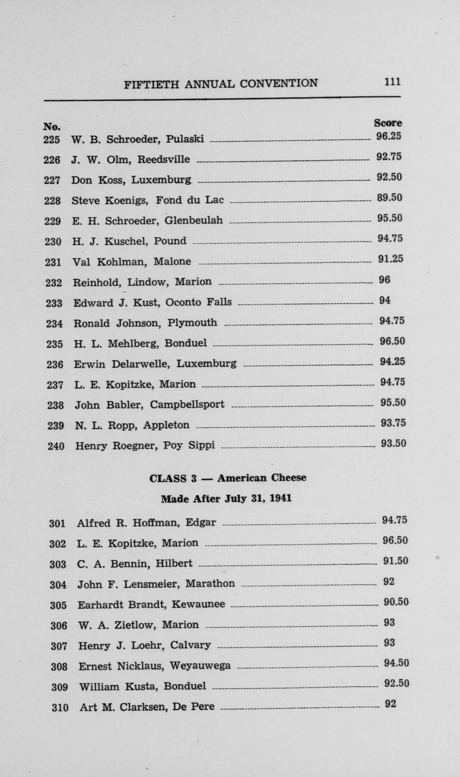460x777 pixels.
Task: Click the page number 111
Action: coord(392,82)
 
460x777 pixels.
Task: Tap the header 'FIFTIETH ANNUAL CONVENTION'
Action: coord(220,84)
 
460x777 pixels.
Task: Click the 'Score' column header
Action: coord(388,123)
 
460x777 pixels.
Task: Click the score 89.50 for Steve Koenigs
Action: coord(390,198)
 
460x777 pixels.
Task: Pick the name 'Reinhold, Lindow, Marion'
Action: coord(142,282)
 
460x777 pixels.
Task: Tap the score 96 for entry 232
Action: coord(385,279)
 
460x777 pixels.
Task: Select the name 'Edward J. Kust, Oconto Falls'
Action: coord(152,303)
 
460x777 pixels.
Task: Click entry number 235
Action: coord(55,344)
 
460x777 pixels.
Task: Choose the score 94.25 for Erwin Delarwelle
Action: coord(392,362)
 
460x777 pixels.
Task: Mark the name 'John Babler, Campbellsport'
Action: coord(149,405)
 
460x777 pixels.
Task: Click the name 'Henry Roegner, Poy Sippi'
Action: coord(145,446)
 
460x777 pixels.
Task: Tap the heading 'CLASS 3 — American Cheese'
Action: coord(228,478)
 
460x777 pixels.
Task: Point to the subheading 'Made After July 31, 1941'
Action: coord(226,499)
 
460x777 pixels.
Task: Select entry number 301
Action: coord(58,523)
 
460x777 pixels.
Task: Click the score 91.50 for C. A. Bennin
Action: coord(395,561)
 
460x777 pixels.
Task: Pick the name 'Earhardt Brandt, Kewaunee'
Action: coord(151,605)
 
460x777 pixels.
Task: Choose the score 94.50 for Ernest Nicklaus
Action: coord(396,663)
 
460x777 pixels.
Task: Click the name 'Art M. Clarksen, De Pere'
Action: coord(147,707)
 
